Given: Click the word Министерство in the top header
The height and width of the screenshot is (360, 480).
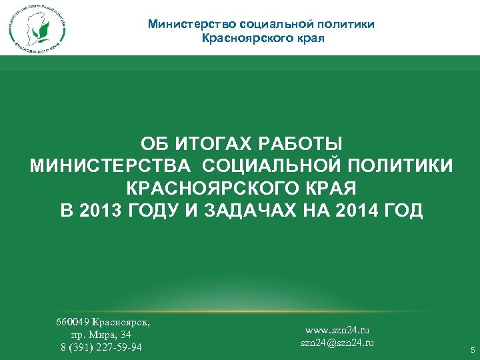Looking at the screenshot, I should click(190, 24).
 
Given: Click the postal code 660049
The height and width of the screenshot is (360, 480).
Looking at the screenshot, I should click(73, 322).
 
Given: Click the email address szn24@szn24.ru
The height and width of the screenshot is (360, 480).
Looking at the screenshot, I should click(337, 343).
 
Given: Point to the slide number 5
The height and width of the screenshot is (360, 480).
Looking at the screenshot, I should click(473, 350).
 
